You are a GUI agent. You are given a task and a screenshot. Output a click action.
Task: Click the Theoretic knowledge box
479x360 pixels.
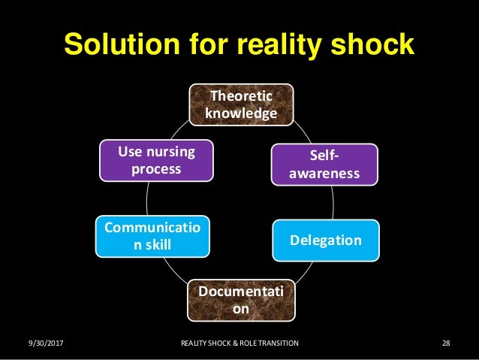click(x=240, y=104)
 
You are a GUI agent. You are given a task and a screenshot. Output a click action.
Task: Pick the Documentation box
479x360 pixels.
click(x=241, y=299)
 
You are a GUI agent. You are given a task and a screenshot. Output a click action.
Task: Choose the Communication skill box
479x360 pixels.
click(x=153, y=235)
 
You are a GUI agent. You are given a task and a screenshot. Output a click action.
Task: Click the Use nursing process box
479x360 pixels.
click(x=156, y=161)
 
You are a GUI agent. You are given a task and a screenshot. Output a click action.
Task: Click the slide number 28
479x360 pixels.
click(x=446, y=343)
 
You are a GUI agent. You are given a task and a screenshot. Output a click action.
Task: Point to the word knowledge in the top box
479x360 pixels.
click(x=240, y=113)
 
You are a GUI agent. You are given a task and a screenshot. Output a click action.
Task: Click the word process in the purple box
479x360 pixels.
click(x=156, y=169)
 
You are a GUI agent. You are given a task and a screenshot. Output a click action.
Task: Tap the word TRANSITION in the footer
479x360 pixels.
click(x=279, y=343)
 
